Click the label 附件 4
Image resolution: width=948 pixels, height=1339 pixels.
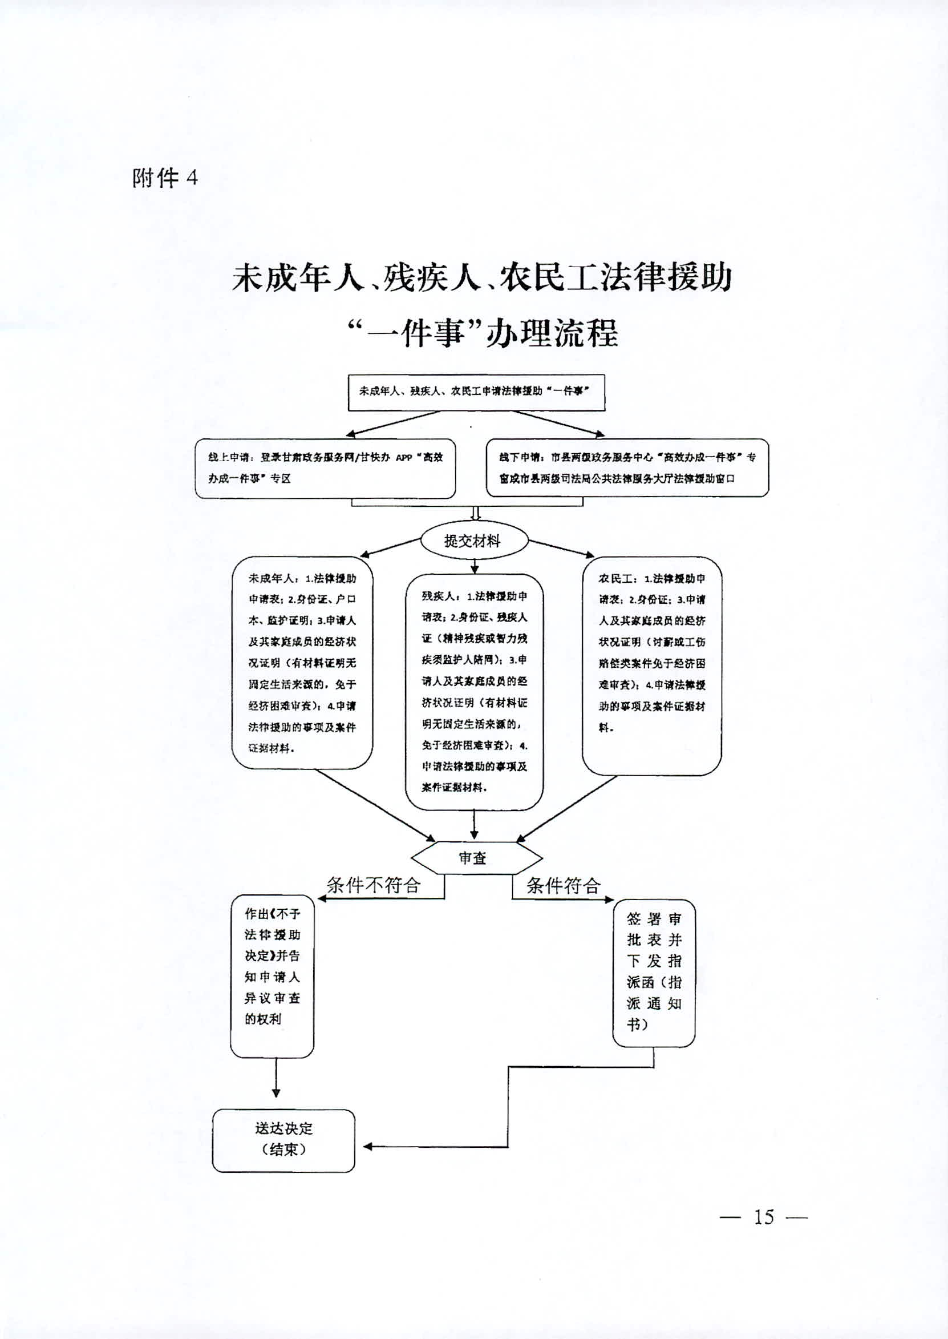tap(165, 178)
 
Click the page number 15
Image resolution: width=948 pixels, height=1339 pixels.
tap(764, 1217)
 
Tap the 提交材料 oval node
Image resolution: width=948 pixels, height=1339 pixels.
tap(473, 541)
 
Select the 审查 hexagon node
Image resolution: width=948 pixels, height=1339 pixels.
tap(476, 858)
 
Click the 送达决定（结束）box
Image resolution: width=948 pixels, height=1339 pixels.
tap(283, 1140)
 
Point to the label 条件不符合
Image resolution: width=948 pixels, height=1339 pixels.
tap(374, 885)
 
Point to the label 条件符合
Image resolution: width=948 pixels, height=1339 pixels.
tap(564, 886)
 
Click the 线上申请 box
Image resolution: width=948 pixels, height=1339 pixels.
tap(325, 469)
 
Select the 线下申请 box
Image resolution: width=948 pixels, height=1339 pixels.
tap(627, 468)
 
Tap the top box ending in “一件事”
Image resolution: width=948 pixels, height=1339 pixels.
tap(476, 393)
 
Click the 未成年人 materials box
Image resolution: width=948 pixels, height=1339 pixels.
tap(302, 663)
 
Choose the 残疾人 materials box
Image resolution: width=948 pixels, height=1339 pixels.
tap(474, 691)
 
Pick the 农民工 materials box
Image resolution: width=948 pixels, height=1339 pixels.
tap(651, 666)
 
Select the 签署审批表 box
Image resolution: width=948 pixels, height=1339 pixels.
tap(654, 974)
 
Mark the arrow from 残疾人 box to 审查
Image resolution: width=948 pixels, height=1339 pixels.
tap(474, 825)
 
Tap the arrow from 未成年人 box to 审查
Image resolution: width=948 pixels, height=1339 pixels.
tap(374, 805)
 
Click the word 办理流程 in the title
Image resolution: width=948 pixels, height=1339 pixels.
tap(553, 334)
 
